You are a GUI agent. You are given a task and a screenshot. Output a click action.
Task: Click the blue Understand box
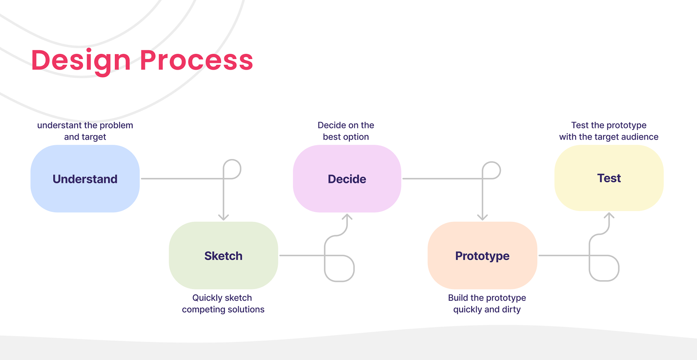(x=85, y=179)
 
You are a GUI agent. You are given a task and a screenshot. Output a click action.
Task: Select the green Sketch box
(x=223, y=255)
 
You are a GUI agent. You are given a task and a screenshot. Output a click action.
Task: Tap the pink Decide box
(x=347, y=179)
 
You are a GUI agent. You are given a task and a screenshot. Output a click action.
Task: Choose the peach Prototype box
(x=482, y=255)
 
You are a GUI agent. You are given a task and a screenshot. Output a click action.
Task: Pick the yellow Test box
(x=609, y=178)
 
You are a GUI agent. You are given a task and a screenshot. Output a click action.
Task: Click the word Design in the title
(x=81, y=60)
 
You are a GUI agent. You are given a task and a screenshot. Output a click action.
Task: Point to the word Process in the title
(x=196, y=60)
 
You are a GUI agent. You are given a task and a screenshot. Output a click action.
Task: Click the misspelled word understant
(x=59, y=125)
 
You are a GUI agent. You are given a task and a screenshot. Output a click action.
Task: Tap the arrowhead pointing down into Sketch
(x=223, y=217)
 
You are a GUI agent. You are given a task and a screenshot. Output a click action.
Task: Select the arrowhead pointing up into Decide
(x=347, y=217)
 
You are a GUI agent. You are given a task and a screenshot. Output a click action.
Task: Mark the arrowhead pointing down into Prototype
(x=482, y=217)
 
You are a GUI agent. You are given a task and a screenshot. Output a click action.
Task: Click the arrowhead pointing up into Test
(x=609, y=216)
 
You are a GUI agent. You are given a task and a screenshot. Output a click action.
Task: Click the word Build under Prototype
(x=458, y=298)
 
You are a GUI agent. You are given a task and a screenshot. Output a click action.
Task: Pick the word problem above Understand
(x=116, y=125)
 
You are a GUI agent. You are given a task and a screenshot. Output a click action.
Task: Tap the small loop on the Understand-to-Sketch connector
(x=232, y=169)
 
